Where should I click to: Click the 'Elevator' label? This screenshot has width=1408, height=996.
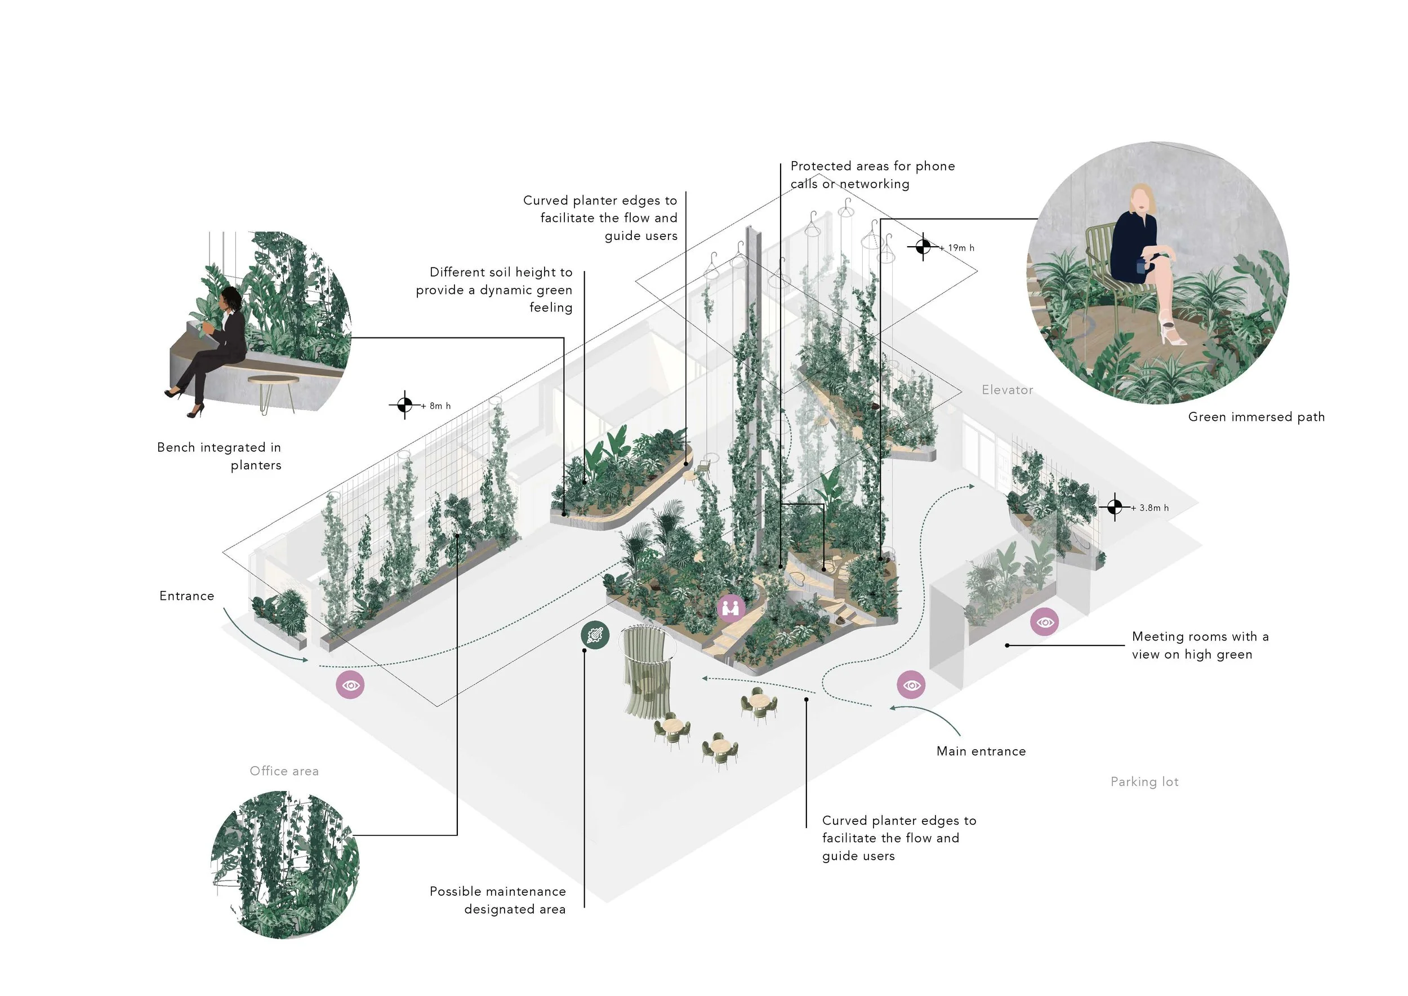click(x=1007, y=390)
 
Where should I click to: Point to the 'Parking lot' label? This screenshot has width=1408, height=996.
click(x=1144, y=782)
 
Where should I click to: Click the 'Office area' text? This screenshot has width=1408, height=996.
click(x=284, y=771)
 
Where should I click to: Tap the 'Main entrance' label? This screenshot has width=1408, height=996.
click(x=981, y=752)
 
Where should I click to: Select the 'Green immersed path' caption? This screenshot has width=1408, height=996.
click(x=1256, y=417)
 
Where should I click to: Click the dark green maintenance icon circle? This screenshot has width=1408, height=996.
click(x=595, y=635)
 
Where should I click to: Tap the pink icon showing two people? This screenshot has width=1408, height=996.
click(x=731, y=608)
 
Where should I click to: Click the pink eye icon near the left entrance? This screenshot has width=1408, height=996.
click(x=350, y=685)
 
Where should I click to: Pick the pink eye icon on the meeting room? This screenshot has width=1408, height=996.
click(x=1044, y=622)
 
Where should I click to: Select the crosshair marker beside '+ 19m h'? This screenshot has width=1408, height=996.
click(x=923, y=247)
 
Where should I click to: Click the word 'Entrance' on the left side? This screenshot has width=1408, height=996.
click(x=186, y=596)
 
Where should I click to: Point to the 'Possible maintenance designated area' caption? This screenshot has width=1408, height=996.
click(x=497, y=900)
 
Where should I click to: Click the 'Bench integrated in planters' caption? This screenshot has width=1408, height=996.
click(x=219, y=456)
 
